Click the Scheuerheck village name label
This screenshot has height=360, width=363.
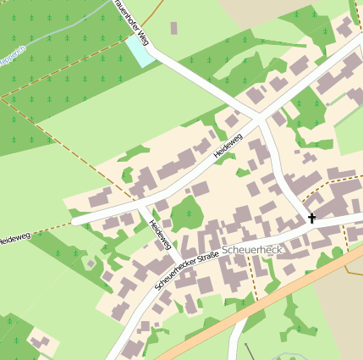[250, 252]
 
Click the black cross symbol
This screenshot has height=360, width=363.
[311, 219]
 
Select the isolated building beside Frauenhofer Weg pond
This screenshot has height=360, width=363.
[173, 28]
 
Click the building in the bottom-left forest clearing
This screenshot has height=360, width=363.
[39, 341]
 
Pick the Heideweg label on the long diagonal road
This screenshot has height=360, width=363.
[228, 143]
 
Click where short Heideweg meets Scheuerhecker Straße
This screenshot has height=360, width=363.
[177, 260]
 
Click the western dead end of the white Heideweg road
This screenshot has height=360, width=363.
[74, 222]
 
